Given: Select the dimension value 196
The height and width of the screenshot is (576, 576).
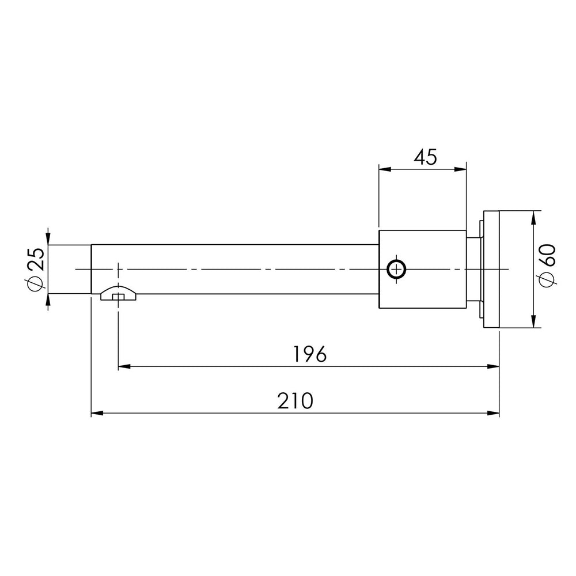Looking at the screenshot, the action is (x=310, y=354).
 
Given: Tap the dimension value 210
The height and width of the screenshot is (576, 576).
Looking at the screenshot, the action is (x=295, y=401).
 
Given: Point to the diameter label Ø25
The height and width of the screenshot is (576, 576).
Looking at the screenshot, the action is (x=35, y=269).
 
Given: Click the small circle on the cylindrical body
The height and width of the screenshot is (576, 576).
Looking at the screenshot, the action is (x=396, y=270).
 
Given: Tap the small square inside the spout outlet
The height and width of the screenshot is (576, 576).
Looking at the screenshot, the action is (x=118, y=297).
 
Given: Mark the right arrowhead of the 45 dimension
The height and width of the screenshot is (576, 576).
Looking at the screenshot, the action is (x=460, y=169).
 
